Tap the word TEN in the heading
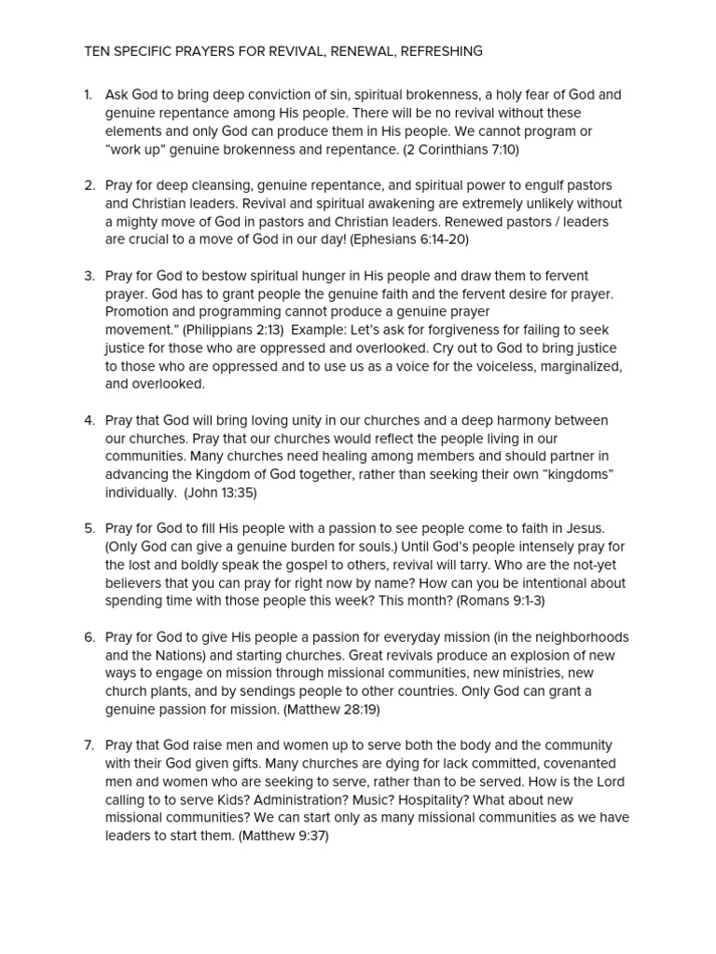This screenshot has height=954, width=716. point(96,51)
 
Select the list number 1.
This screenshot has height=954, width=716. point(88,95)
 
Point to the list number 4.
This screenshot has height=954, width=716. point(89,420)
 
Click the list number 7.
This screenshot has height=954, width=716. point(89,745)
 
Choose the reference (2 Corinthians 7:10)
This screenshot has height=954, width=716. point(461,149)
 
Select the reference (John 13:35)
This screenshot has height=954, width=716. point(220,493)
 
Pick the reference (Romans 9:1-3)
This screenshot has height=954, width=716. point(501,601)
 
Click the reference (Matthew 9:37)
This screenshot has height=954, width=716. point(283,836)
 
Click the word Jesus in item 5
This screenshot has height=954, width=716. point(583,529)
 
